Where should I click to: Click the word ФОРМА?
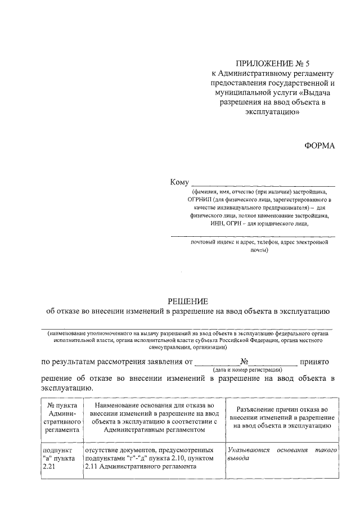[x=319, y=145]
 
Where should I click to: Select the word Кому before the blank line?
[x=180, y=182]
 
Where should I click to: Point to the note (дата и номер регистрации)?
[x=247, y=371]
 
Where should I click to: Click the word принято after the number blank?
[x=318, y=362]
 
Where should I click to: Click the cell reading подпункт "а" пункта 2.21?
[x=59, y=459]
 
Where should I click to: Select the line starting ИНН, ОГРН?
[x=259, y=223]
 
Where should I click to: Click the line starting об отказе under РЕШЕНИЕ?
[x=188, y=312]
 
